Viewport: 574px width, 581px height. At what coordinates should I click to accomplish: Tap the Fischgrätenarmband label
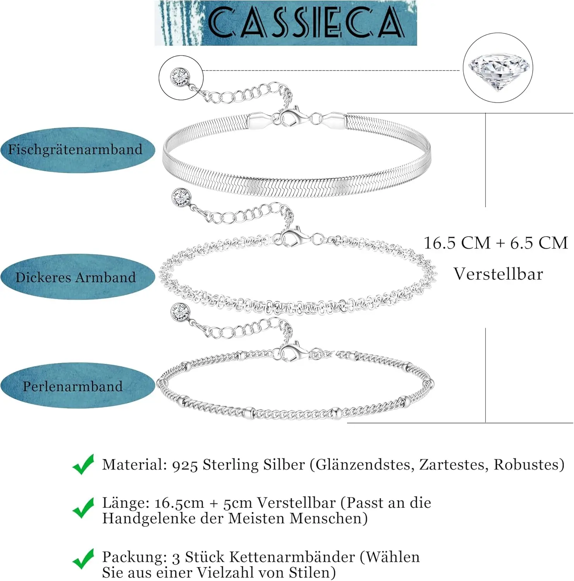76,150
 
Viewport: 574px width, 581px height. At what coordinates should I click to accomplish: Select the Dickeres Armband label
76,277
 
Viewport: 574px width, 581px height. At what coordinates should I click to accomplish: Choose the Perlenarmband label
73,386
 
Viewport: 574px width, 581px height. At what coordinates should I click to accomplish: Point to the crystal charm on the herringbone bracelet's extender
180,77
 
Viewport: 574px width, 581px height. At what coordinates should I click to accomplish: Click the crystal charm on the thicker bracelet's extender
181,198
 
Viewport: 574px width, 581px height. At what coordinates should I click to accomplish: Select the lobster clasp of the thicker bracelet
290,237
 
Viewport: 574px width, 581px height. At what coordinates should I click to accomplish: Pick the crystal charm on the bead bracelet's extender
180,312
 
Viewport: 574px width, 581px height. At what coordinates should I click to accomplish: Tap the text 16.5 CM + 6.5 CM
496,243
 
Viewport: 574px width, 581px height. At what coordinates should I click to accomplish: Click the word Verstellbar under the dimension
498,274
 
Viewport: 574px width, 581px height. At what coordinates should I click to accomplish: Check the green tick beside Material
83,464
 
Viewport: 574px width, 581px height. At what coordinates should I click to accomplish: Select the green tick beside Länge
83,508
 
